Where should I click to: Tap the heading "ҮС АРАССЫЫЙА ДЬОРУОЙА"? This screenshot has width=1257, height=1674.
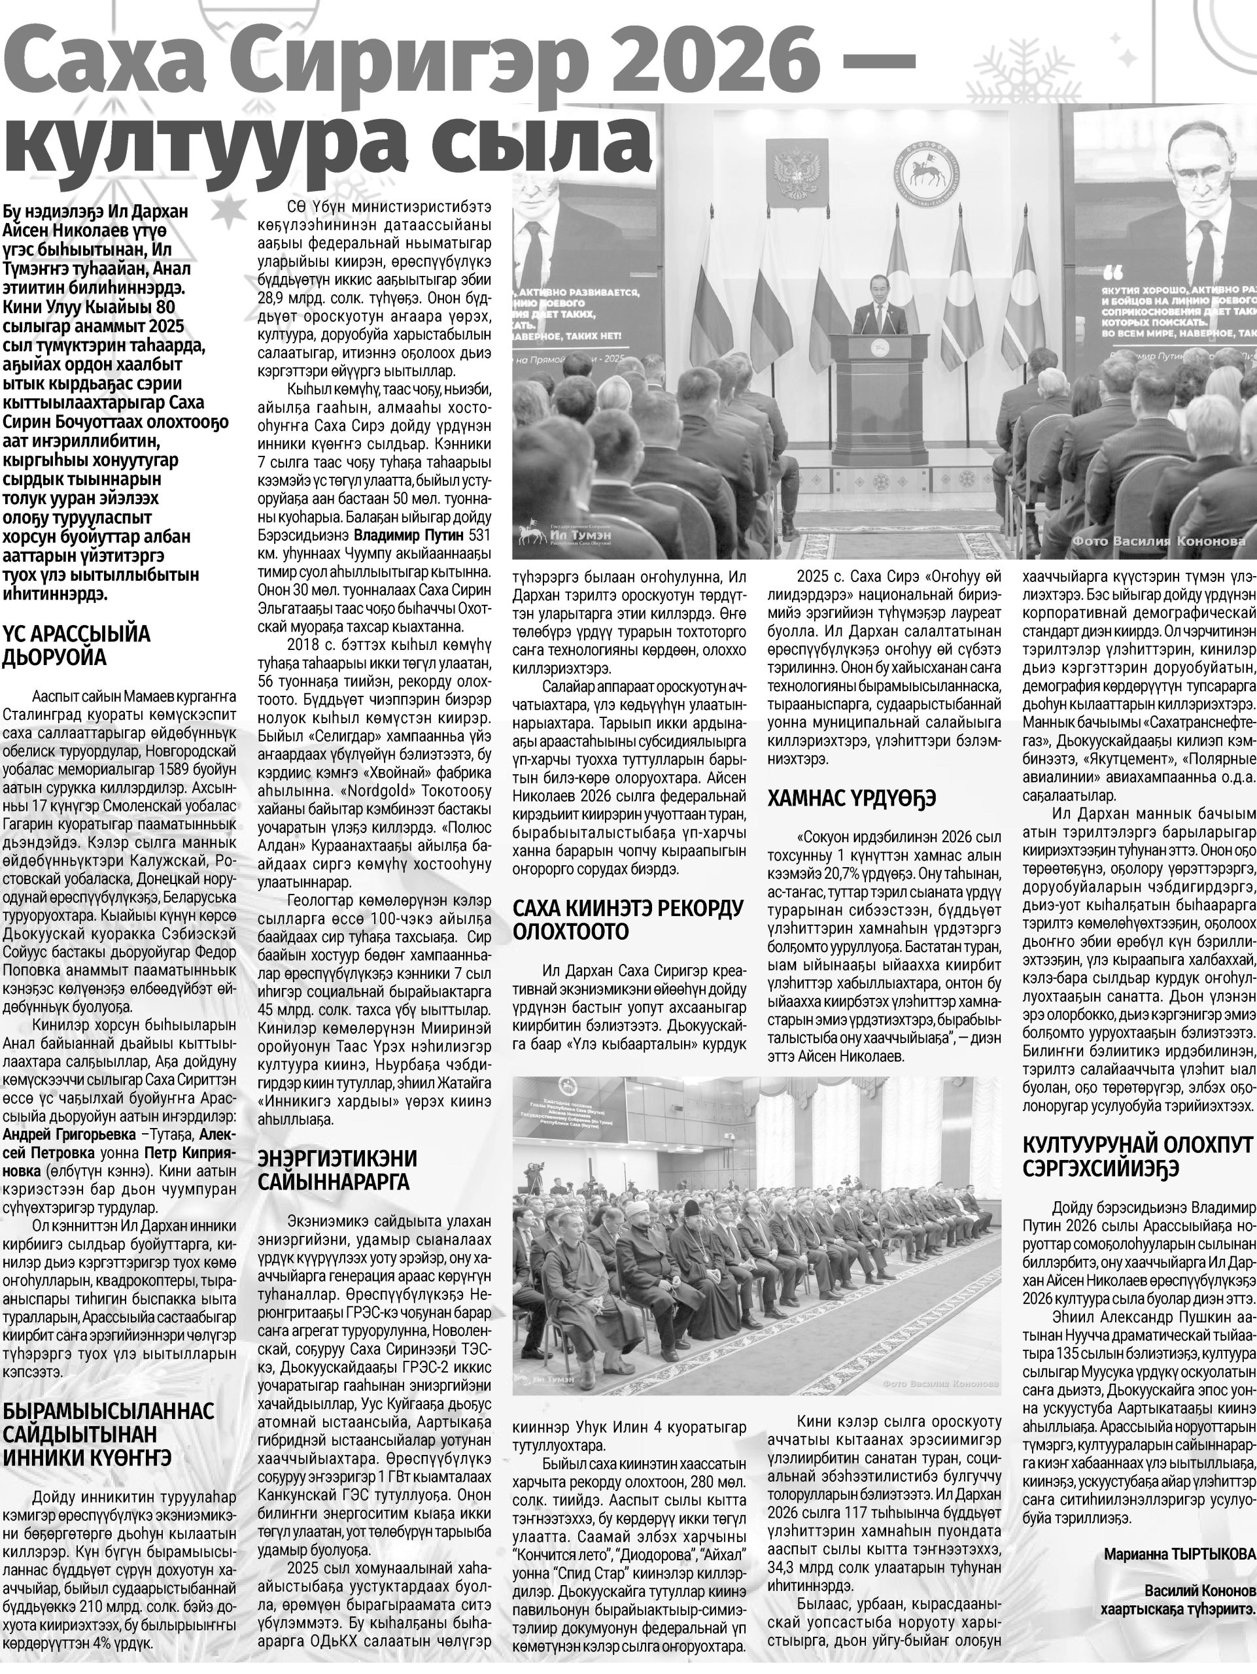click(x=77, y=645)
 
